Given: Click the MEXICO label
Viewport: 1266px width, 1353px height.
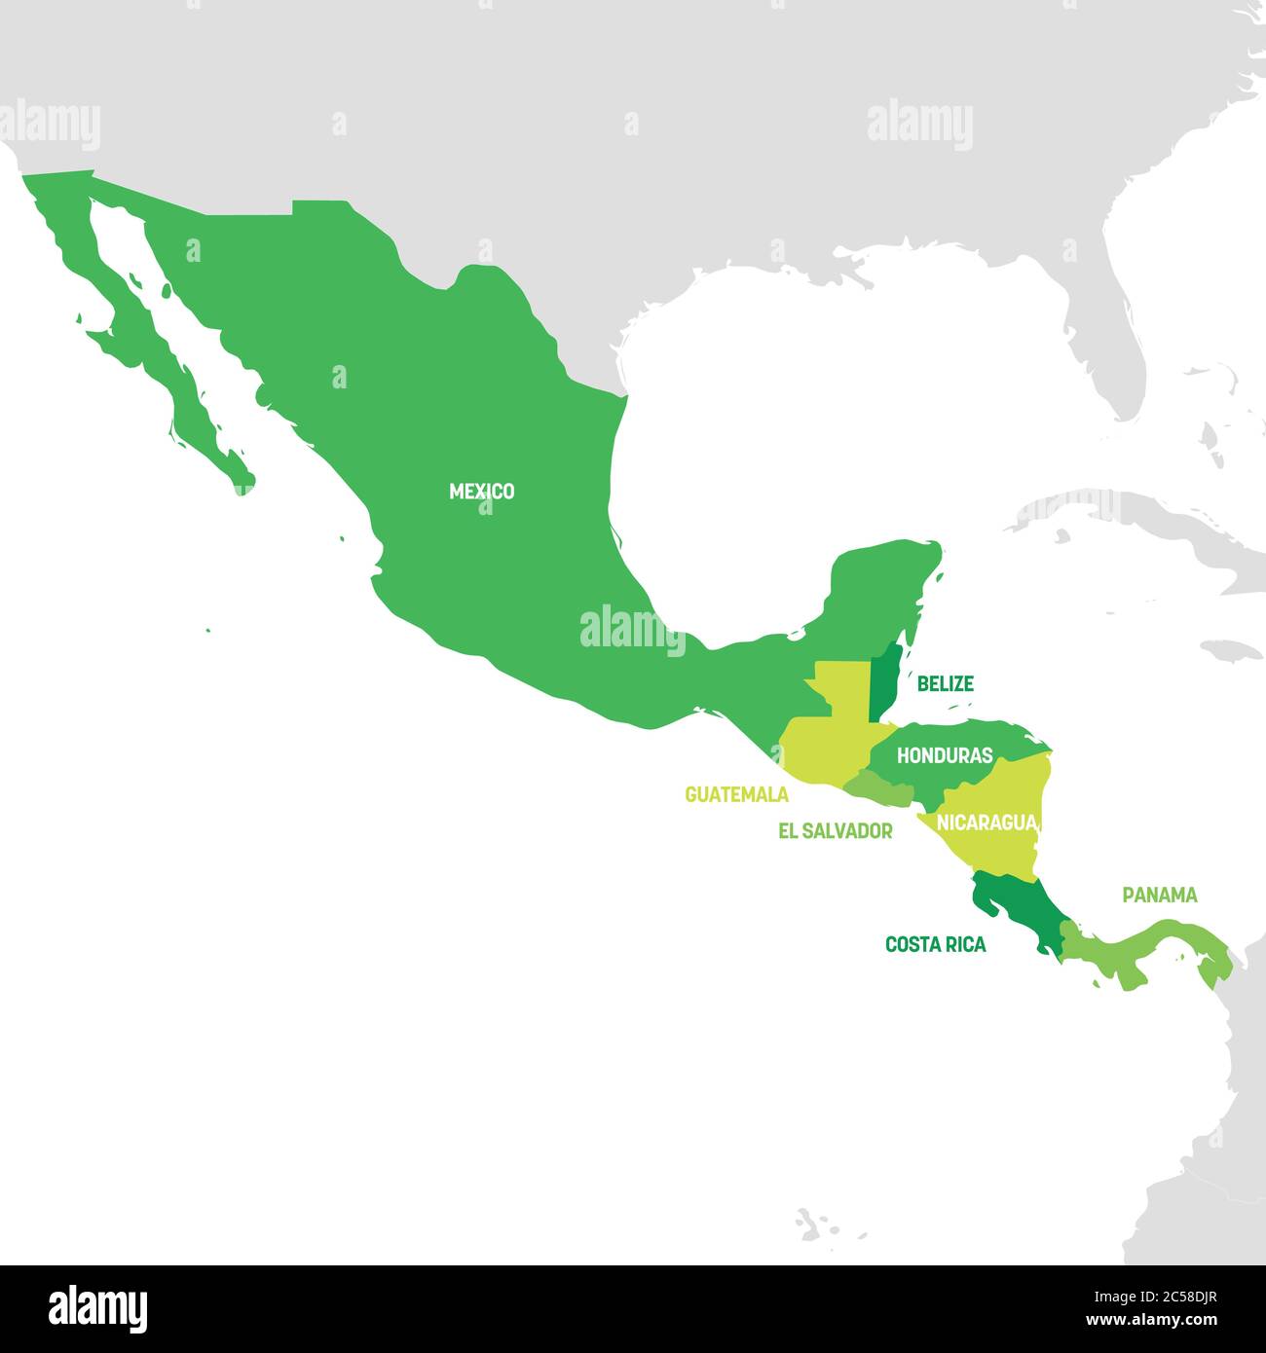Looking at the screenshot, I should click(481, 492).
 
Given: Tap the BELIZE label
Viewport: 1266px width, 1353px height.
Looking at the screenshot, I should click(945, 684).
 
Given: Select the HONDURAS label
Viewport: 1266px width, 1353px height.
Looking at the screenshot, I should click(945, 755).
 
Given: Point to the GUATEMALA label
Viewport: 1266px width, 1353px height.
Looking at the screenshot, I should click(736, 794).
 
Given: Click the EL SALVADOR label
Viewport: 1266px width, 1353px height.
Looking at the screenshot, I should click(835, 831).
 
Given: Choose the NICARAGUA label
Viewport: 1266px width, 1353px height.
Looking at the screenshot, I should click(986, 823).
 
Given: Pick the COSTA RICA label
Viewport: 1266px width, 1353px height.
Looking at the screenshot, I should click(935, 944).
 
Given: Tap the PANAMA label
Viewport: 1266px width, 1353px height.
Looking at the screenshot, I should click(1159, 895).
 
